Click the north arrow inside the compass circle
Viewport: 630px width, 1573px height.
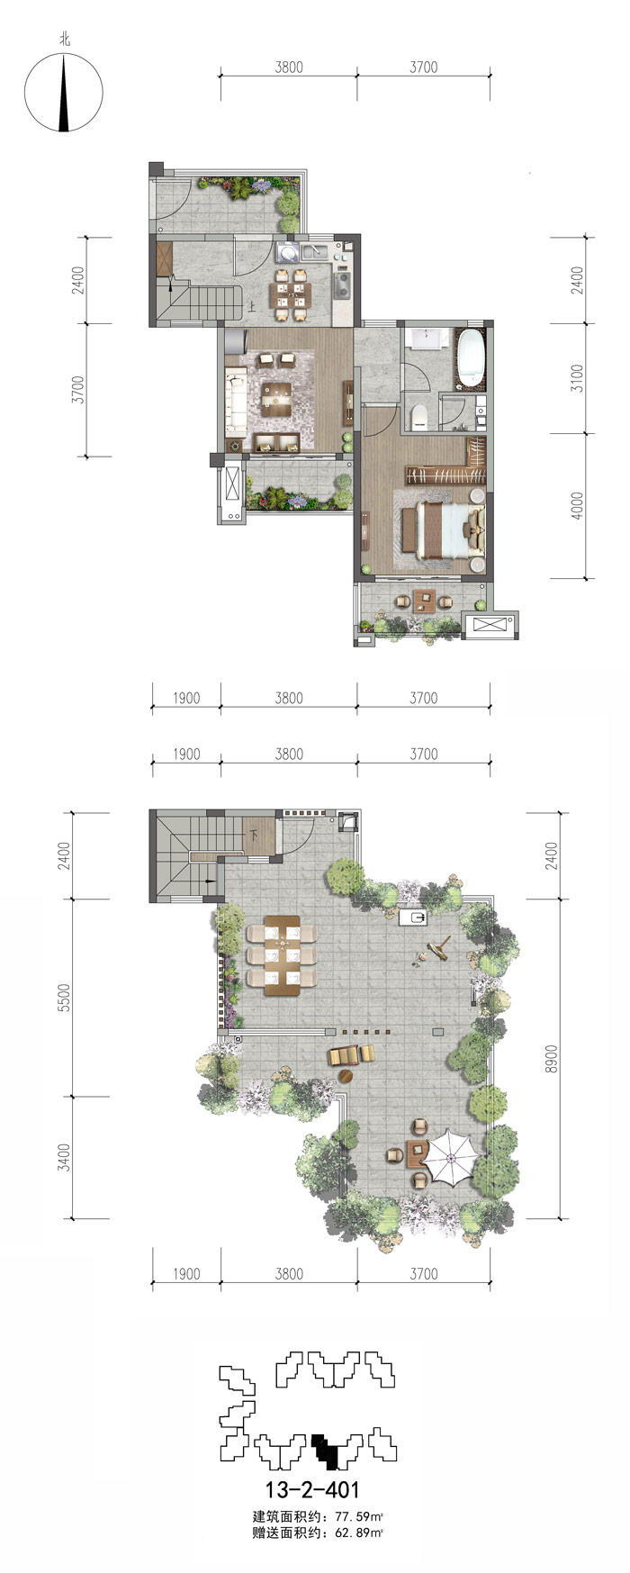click(x=64, y=93)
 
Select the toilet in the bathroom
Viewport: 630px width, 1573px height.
click(x=418, y=416)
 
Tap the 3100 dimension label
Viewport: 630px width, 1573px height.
click(x=578, y=378)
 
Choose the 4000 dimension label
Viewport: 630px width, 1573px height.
click(x=578, y=505)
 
